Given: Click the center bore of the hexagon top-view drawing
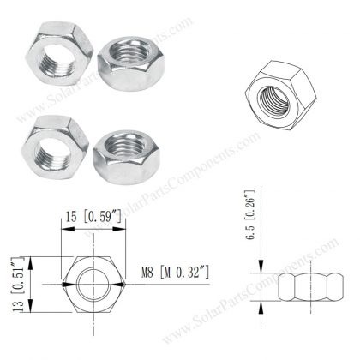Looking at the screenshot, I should coord(89,283).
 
